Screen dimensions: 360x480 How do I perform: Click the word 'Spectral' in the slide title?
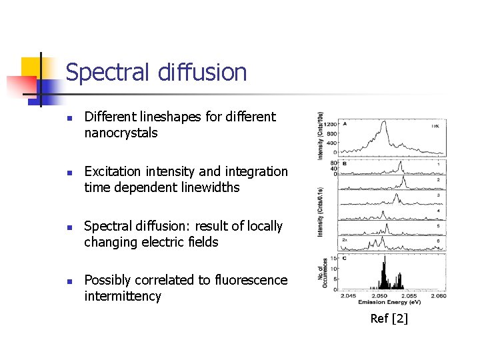(x=109, y=72)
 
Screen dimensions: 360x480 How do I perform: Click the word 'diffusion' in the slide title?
(x=203, y=72)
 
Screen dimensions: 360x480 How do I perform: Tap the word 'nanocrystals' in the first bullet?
(x=121, y=133)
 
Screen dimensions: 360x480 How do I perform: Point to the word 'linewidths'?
(x=207, y=187)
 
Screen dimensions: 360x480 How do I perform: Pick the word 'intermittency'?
(x=123, y=297)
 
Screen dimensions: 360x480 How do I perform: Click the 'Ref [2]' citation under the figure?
(x=389, y=319)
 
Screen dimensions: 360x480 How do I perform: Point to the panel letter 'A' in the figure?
(x=345, y=123)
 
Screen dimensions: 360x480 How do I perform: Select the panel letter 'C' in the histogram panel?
(x=345, y=257)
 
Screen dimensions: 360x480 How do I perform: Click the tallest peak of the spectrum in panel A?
(x=384, y=121)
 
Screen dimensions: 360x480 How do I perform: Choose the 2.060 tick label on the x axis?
(x=437, y=295)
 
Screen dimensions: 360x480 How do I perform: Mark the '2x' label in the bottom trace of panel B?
(x=345, y=238)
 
